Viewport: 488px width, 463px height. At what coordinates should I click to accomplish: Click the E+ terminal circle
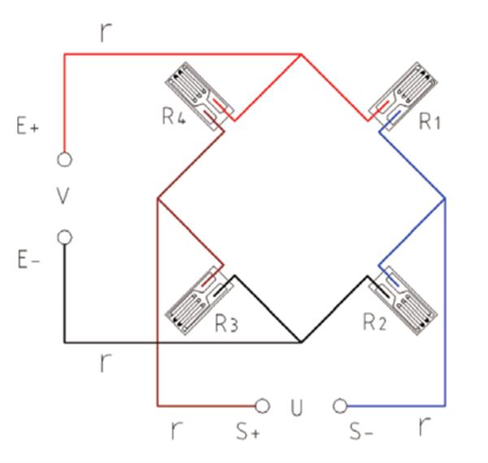click(x=65, y=159)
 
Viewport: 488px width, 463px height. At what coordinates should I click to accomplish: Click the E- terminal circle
click(x=65, y=237)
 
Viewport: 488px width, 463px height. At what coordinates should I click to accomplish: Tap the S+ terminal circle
click(x=263, y=406)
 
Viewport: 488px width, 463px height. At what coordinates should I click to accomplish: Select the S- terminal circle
click(x=340, y=406)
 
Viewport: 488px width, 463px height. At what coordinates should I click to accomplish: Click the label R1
click(x=429, y=121)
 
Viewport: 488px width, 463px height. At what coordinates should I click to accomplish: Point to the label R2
click(x=375, y=322)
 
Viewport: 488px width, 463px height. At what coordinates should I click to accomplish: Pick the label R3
click(x=227, y=324)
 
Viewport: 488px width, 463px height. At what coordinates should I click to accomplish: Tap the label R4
click(x=174, y=116)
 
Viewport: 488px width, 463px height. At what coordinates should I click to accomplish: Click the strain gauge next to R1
click(x=403, y=97)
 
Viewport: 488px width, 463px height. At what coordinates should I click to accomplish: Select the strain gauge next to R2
click(x=403, y=301)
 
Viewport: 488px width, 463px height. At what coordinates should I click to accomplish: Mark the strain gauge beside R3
click(x=199, y=301)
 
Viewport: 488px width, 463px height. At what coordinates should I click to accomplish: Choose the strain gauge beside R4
click(x=199, y=97)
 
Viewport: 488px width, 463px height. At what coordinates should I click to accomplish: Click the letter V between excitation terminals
click(x=63, y=196)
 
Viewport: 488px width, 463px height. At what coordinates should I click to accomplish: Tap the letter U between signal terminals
click(x=297, y=408)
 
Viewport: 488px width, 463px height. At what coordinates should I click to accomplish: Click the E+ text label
click(x=28, y=127)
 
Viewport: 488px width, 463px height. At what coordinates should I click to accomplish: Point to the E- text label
click(x=28, y=260)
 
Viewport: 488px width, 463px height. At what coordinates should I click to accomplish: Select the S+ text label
click(x=248, y=431)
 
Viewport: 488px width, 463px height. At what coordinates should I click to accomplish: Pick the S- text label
click(x=361, y=431)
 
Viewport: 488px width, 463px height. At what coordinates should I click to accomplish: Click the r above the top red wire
click(x=106, y=32)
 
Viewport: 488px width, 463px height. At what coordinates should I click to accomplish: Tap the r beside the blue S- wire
click(x=425, y=426)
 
